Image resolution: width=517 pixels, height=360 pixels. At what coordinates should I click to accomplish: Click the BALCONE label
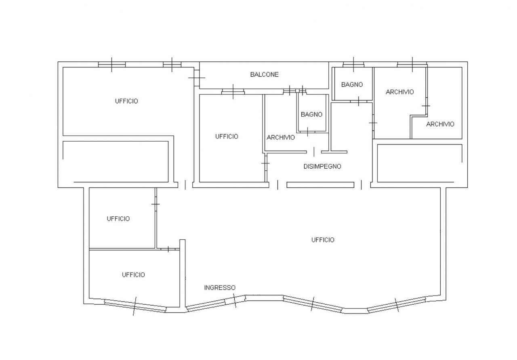tap(264, 75)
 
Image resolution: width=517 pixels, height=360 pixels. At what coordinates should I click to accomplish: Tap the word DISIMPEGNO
tap(322, 166)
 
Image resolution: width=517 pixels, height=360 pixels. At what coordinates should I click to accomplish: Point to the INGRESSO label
tap(220, 288)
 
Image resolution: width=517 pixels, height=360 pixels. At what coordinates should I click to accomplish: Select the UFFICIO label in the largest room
tap(323, 240)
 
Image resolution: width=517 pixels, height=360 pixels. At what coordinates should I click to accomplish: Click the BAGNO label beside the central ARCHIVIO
tap(311, 114)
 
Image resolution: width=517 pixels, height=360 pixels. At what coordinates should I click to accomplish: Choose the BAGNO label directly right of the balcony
tap(352, 85)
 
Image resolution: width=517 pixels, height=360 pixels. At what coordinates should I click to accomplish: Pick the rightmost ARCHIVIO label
tap(440, 124)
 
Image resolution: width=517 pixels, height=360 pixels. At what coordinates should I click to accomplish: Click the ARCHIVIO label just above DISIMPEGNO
tap(281, 138)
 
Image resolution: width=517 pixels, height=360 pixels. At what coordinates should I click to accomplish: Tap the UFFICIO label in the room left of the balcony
tap(126, 101)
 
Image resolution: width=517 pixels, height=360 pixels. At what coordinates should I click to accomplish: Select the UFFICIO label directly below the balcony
tap(227, 136)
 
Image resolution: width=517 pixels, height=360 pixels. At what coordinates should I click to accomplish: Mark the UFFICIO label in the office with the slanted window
tap(133, 275)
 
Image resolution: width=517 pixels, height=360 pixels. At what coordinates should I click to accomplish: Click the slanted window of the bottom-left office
tap(135, 306)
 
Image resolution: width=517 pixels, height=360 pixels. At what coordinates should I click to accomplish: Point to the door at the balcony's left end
tap(197, 78)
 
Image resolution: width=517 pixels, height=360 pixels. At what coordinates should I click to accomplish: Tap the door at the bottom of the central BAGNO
tap(307, 132)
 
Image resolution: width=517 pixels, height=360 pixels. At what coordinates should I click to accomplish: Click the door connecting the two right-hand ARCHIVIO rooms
tap(426, 106)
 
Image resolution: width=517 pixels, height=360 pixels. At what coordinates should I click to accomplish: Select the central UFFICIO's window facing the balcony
tap(233, 92)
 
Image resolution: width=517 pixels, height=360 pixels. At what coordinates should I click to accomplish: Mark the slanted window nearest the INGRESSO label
tap(234, 301)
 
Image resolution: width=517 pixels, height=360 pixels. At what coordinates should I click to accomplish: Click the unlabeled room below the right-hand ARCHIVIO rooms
tap(420, 163)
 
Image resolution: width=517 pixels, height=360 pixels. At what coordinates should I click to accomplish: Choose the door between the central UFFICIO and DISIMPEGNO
tap(266, 163)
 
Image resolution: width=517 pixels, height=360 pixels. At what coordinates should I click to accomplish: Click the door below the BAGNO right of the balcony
tap(358, 101)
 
